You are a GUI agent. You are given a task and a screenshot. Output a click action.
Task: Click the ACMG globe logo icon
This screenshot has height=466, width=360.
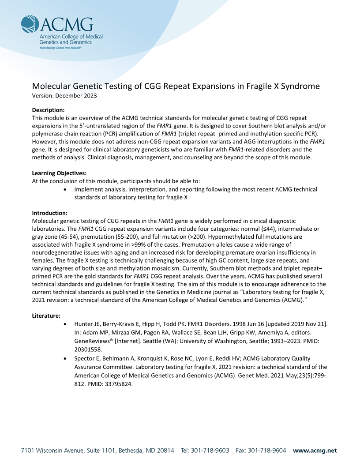[30, 24]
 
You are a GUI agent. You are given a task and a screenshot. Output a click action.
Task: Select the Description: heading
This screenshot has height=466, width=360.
[49, 110]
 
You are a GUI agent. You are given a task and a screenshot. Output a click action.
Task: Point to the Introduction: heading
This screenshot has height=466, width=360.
[50, 213]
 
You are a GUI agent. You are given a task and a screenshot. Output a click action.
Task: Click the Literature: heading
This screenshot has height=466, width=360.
[46, 316]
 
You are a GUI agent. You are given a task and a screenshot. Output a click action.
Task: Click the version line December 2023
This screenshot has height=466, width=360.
[64, 95]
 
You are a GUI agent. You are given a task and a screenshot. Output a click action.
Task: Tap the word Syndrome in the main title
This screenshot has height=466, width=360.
[298, 86]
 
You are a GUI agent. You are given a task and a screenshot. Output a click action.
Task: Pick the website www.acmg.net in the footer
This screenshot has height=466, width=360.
[315, 451]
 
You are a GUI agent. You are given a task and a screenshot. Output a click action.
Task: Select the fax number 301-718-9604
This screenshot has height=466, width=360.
[266, 451]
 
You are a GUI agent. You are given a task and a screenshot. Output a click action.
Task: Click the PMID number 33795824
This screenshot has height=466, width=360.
[119, 384]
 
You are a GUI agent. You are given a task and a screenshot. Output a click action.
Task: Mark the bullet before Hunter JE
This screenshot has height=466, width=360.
[65, 324]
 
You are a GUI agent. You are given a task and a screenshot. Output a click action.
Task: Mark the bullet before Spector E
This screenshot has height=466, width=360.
[65, 358]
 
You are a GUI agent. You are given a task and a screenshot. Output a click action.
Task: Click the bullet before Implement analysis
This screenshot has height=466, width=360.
[65, 189]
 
